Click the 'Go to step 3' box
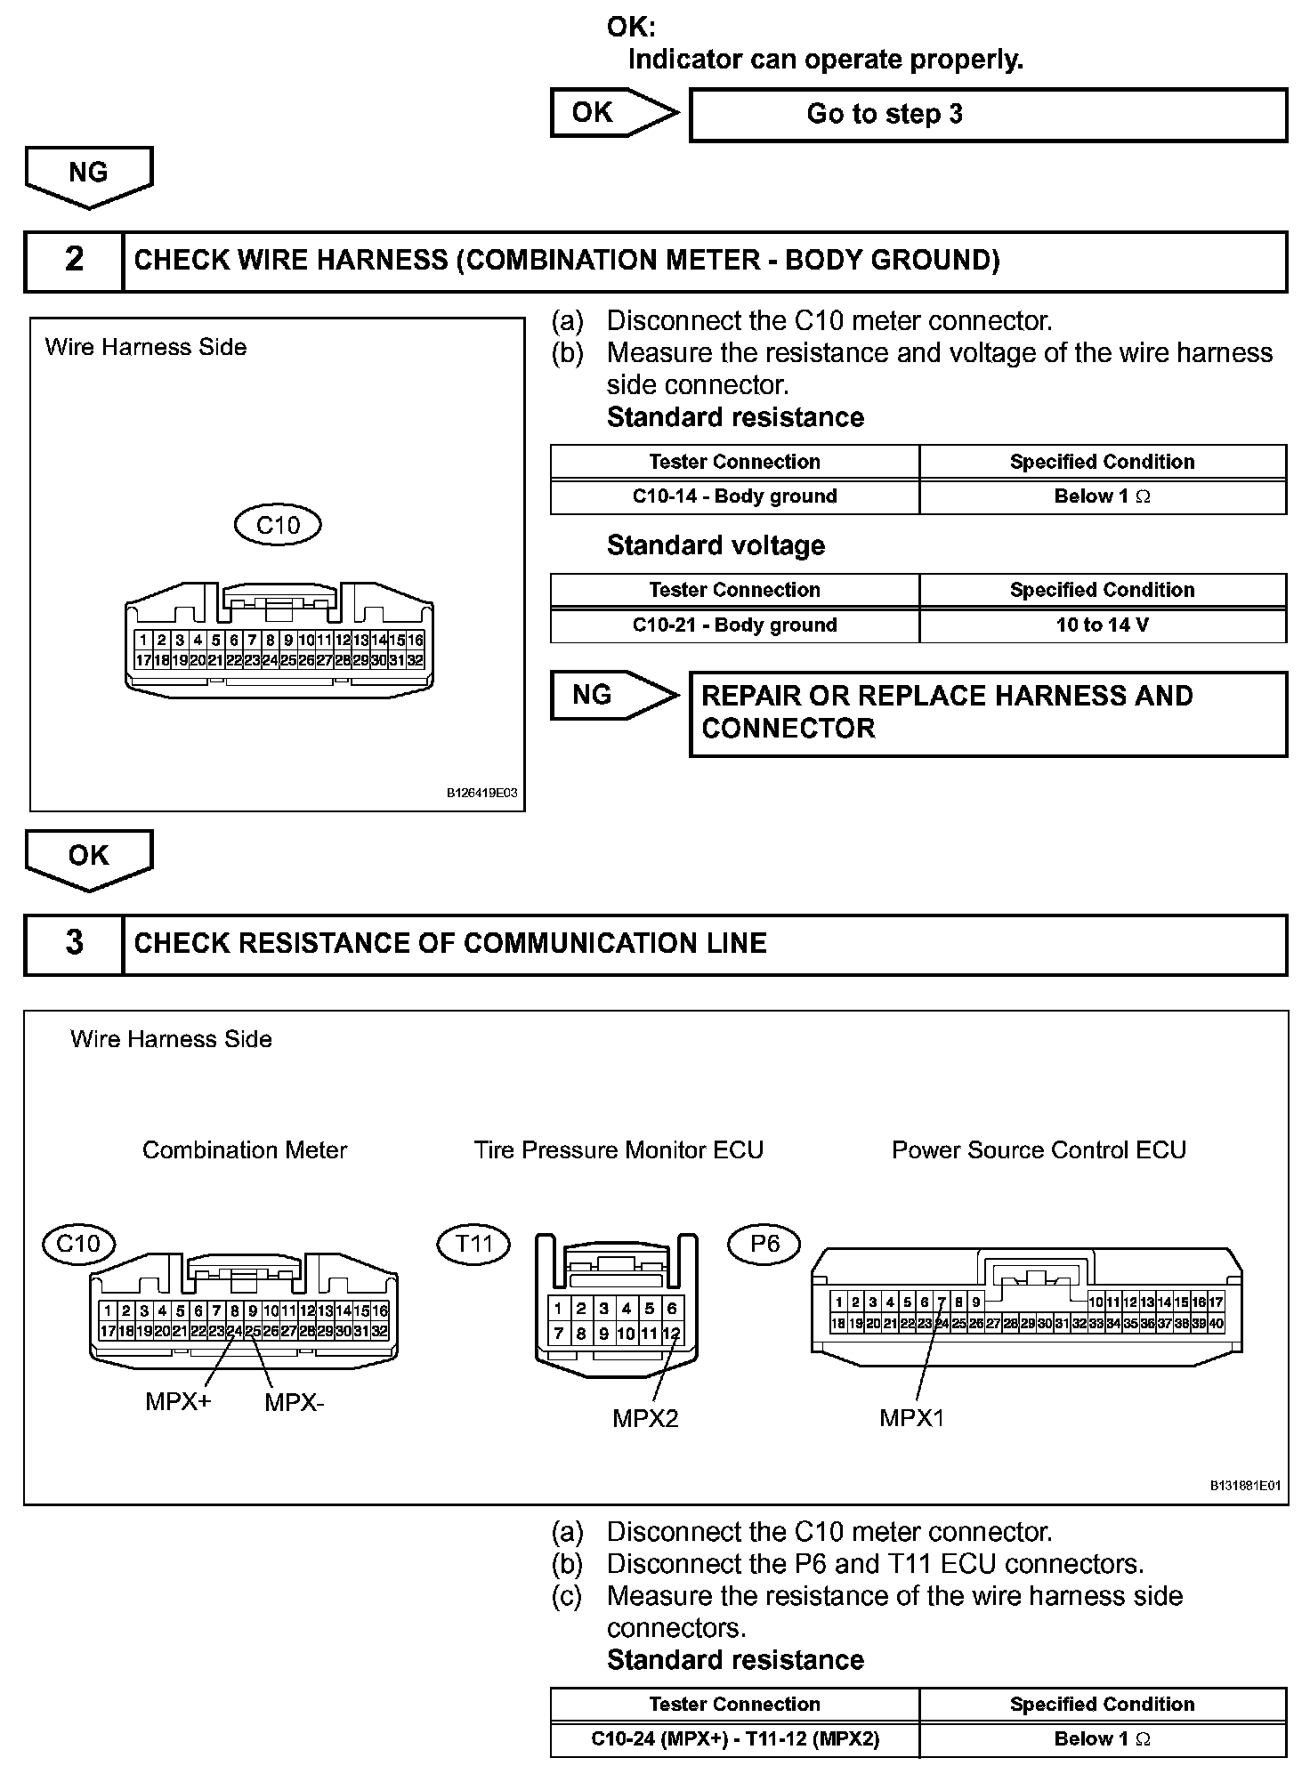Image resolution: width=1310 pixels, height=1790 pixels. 988,115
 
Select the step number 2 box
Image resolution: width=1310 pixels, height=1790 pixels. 74,261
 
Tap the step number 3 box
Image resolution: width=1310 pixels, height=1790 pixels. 74,944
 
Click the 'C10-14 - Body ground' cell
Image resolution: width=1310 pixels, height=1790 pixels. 734,496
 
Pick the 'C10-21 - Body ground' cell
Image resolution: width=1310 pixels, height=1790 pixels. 734,625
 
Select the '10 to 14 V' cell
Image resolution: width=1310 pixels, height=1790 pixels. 1102,625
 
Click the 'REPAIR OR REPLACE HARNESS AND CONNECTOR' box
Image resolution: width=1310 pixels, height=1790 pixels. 988,714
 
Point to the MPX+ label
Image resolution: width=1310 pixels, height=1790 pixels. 178,1403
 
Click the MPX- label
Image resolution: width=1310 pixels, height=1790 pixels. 295,1403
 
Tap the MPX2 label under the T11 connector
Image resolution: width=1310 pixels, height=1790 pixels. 645,1418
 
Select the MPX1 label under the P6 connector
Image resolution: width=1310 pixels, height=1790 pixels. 911,1418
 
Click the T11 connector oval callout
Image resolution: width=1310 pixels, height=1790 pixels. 473,1243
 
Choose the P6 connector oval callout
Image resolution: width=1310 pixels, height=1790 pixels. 764,1243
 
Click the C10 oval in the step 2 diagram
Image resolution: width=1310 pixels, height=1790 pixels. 278,525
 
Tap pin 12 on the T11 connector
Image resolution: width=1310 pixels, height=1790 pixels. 672,1334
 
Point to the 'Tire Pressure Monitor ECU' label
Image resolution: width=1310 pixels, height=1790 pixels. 619,1150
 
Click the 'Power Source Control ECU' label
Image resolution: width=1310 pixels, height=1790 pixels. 1039,1150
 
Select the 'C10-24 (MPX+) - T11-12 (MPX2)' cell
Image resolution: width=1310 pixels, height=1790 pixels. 734,1739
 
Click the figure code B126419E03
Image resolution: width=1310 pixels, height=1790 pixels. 481,793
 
